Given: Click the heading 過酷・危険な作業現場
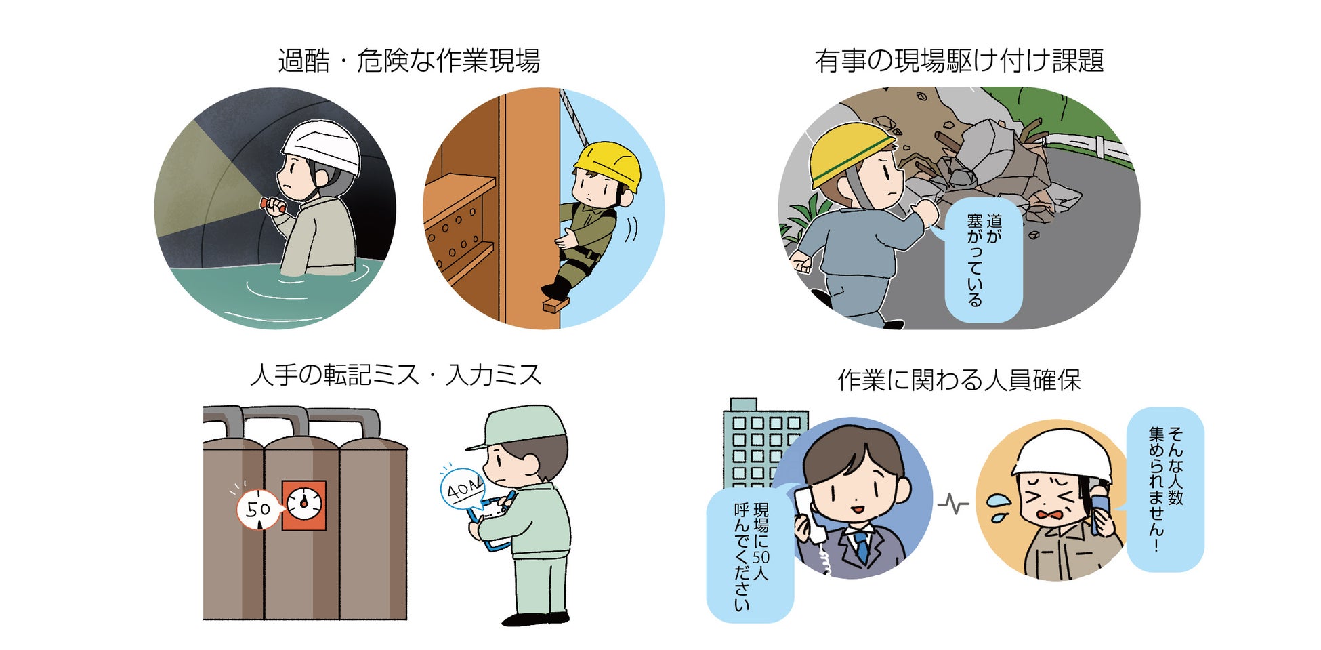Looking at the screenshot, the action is (408, 61).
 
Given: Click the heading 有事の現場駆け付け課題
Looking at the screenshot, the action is (959, 61).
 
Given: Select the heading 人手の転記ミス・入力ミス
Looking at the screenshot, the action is (396, 375).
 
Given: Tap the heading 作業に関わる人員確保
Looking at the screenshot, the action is (959, 380).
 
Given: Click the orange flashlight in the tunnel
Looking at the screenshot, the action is (275, 205).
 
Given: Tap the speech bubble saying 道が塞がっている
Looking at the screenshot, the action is (983, 260).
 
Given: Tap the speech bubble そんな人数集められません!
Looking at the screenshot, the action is (1164, 489).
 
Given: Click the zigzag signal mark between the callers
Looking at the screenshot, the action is (953, 504).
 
